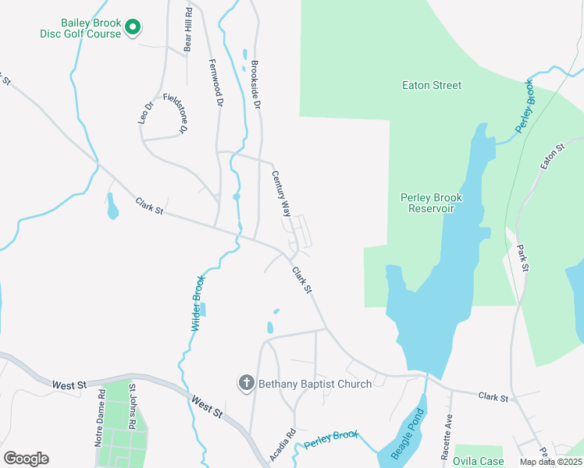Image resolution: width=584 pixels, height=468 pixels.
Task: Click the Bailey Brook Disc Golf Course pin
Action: (x=133, y=28)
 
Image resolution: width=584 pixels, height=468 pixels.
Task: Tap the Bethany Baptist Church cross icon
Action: (x=246, y=382)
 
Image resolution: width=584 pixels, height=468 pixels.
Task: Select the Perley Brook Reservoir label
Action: (x=432, y=203)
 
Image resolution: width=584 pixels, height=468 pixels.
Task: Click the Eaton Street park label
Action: (x=432, y=85)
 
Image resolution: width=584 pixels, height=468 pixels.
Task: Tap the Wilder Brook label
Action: (x=198, y=303)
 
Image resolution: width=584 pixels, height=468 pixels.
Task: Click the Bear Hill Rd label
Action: (x=187, y=32)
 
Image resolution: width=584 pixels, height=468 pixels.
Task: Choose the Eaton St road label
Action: (x=553, y=158)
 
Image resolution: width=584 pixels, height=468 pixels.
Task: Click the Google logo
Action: (x=26, y=458)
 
